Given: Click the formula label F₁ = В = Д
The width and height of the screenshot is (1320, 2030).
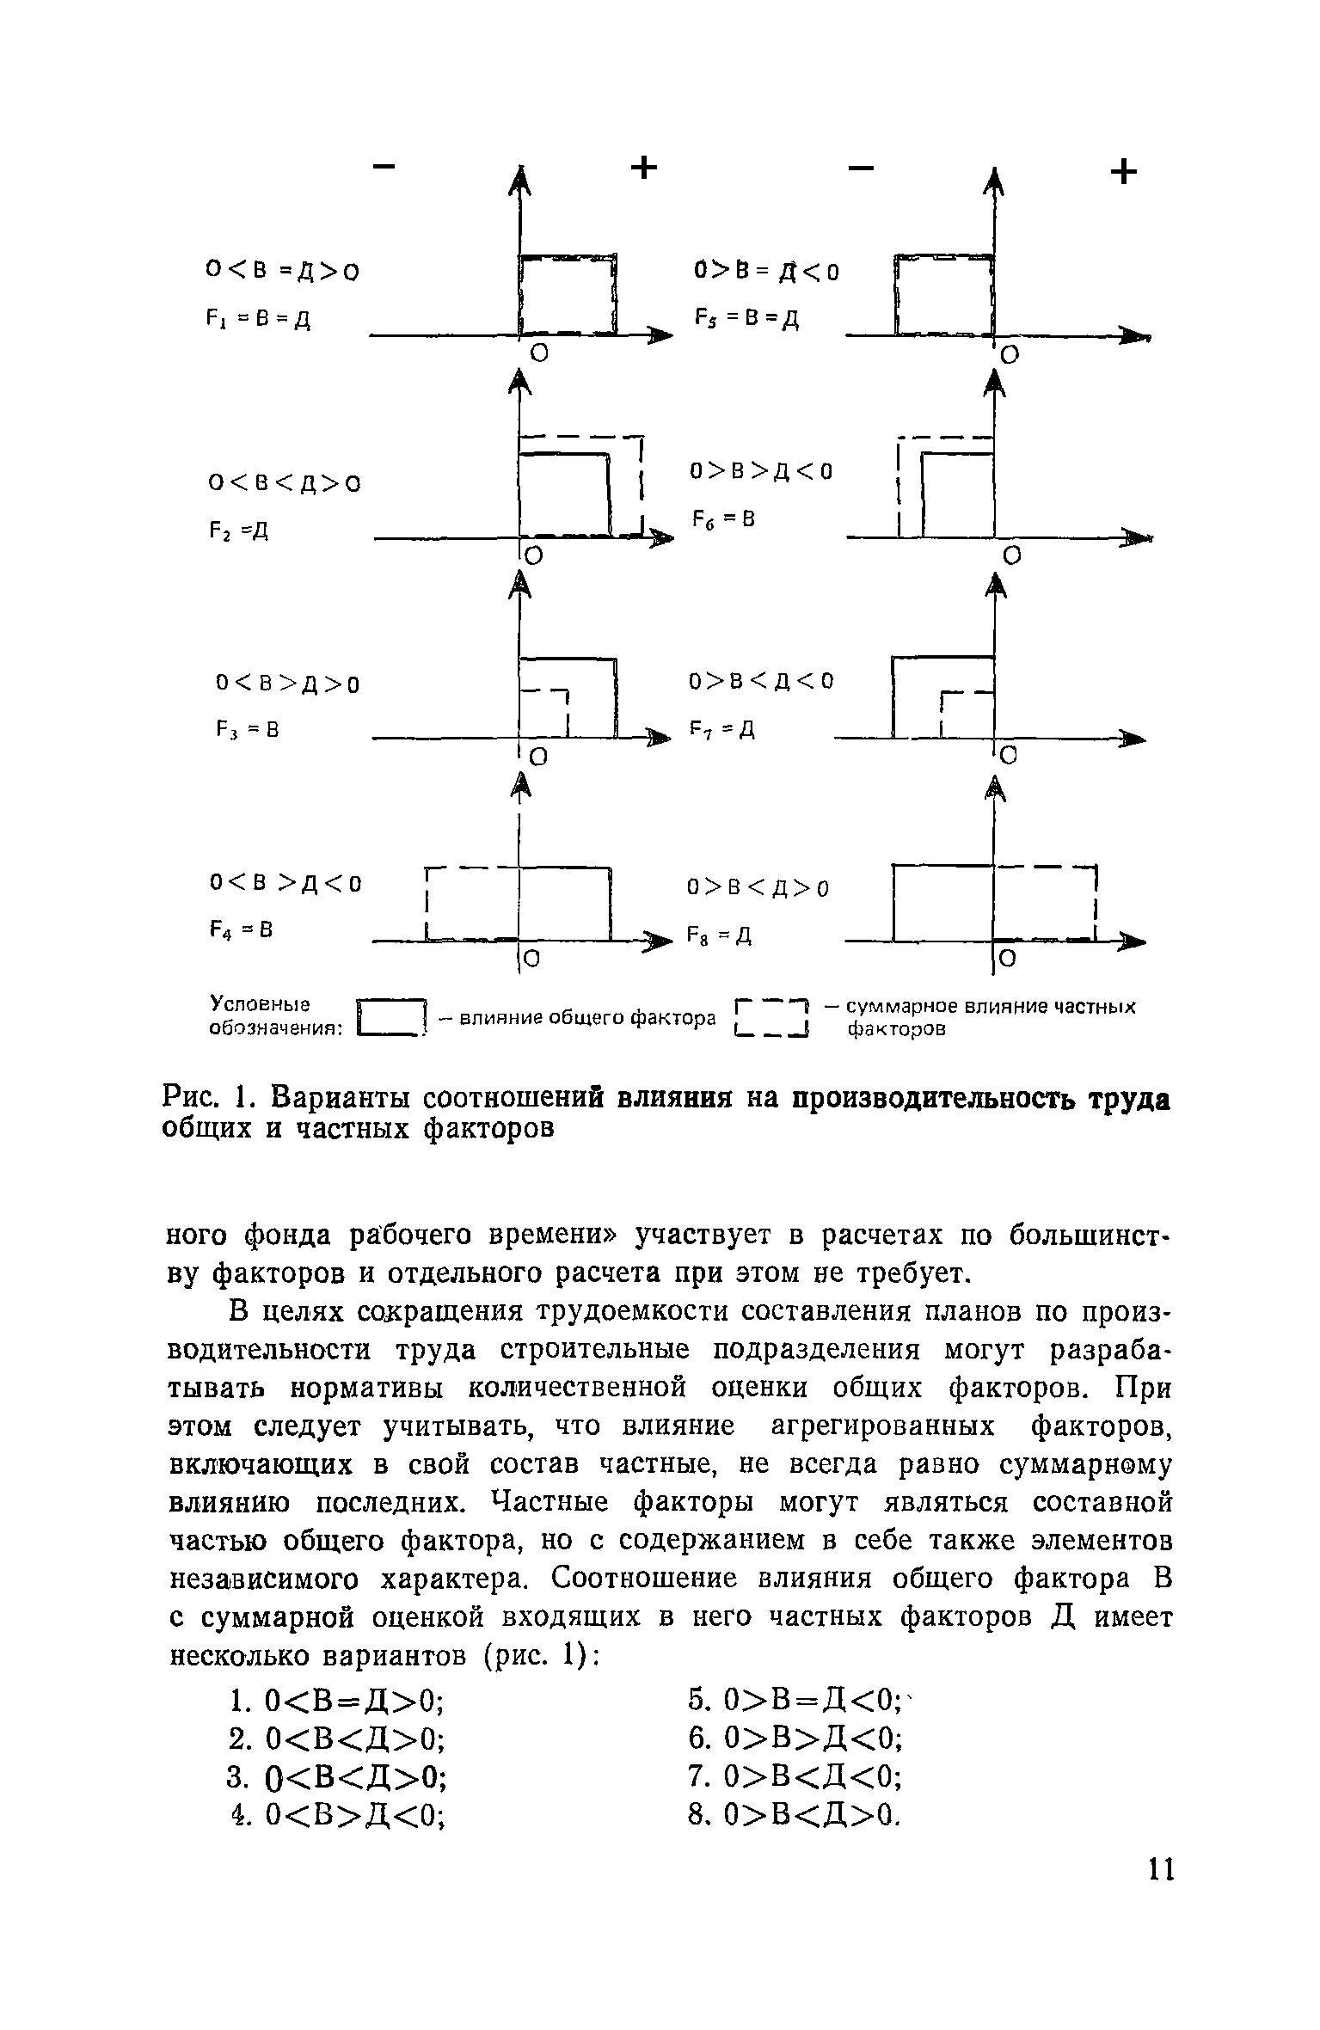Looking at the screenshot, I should tap(257, 320).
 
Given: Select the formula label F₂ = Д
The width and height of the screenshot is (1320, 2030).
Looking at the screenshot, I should tap(238, 531).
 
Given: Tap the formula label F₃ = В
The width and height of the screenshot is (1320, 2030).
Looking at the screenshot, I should tap(248, 731).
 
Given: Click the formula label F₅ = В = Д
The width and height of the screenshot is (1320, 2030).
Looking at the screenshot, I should tap(746, 318).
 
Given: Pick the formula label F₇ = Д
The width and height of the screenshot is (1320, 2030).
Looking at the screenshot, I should tap(721, 731).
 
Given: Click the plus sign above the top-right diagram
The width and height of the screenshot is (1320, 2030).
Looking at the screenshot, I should tap(1123, 173).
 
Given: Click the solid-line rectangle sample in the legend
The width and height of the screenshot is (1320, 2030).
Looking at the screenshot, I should tap(392, 1017).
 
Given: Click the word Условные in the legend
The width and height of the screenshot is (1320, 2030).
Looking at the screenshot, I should tap(261, 1003).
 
